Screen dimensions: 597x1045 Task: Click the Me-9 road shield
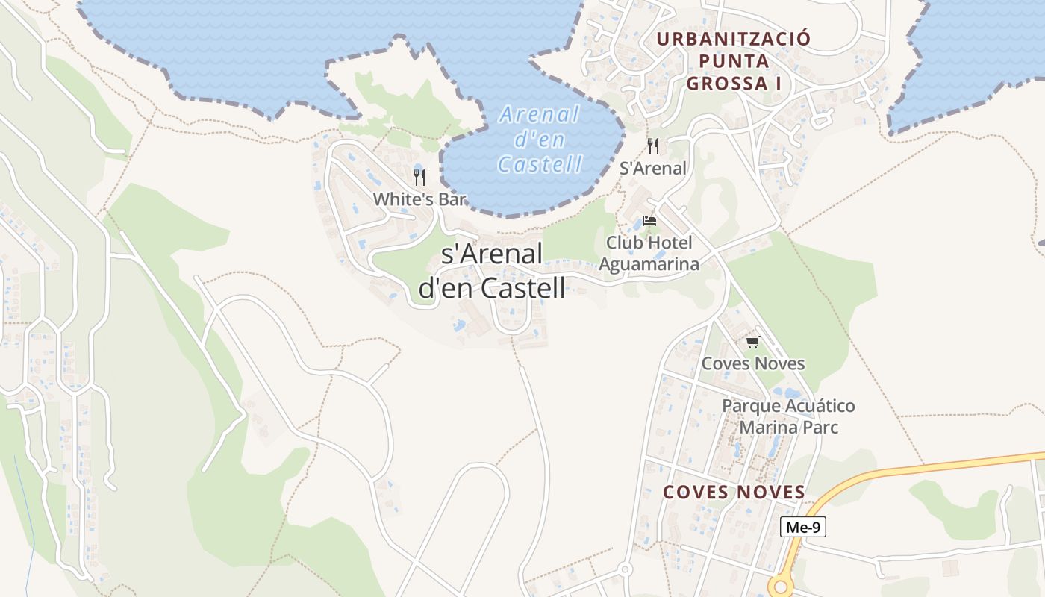pos(803,528)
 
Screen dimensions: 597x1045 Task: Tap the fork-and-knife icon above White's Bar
pos(419,178)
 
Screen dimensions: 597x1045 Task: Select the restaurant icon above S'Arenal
pos(653,146)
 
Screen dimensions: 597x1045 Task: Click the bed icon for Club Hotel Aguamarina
pos(649,221)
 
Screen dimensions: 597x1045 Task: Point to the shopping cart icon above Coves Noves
pos(752,343)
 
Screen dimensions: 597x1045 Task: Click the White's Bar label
pos(419,199)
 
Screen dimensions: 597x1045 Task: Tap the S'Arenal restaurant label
pos(653,169)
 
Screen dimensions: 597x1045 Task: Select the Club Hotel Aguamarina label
pos(649,253)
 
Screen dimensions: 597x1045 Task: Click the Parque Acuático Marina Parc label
pos(788,416)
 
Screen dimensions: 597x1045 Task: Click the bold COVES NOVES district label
pos(734,493)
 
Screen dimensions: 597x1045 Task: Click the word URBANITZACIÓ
pos(733,38)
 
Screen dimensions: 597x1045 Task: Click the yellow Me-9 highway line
pos(933,466)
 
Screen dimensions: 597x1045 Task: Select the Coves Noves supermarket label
pos(752,364)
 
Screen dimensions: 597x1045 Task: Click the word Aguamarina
pos(649,264)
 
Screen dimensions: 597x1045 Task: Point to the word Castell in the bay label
pos(540,163)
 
